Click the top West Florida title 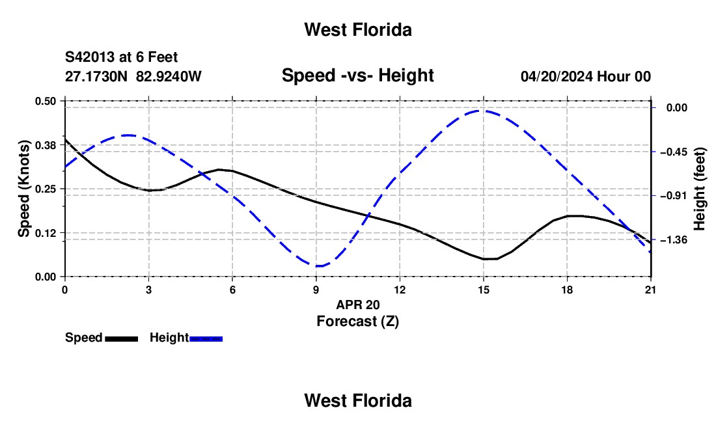pos(358,30)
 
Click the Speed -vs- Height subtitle pos(357,75)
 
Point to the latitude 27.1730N pos(96,76)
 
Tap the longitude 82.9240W pos(169,76)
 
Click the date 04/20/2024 pos(557,76)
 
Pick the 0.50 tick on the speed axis pos(45,101)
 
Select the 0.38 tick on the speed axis pos(45,145)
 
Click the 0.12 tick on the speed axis pos(45,233)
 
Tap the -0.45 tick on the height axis pos(674,152)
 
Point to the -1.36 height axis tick pos(674,239)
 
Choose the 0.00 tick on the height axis pos(677,107)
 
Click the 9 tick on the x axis pos(316,290)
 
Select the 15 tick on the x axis pos(484,290)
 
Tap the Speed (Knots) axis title pos(23,189)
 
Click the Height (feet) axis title pos(699,189)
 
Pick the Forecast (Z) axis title pos(357,321)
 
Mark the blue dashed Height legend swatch pos(206,338)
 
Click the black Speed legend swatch pos(122,338)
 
